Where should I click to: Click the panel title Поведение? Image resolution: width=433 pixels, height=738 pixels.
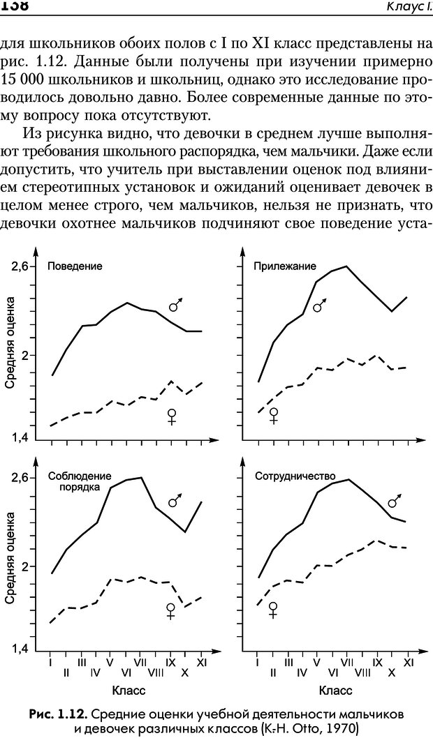tap(75, 266)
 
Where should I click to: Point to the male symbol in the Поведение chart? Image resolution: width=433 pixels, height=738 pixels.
tap(177, 305)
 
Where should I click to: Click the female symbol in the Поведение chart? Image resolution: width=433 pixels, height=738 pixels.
tap(172, 417)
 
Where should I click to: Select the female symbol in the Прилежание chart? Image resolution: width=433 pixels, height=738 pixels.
tap(274, 416)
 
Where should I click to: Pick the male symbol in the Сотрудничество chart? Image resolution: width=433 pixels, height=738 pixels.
tap(396, 501)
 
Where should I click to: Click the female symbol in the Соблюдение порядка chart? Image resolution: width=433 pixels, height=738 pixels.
tap(170, 611)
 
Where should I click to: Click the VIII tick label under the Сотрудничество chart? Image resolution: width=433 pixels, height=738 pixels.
tap(362, 672)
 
